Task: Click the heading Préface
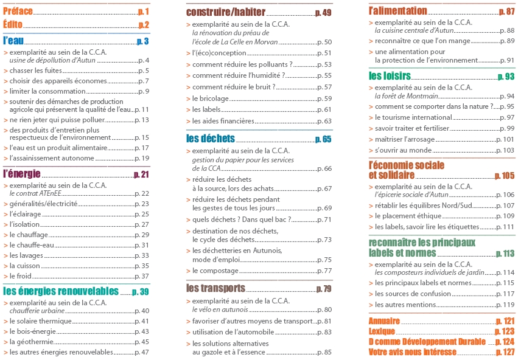[18, 12]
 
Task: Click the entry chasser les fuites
[35, 71]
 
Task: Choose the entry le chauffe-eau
[33, 245]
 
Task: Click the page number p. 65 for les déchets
[323, 139]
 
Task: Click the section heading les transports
[215, 288]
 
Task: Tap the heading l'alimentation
[398, 11]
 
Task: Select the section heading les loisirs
[390, 77]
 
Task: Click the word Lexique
[382, 331]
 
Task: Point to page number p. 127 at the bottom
[505, 352]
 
